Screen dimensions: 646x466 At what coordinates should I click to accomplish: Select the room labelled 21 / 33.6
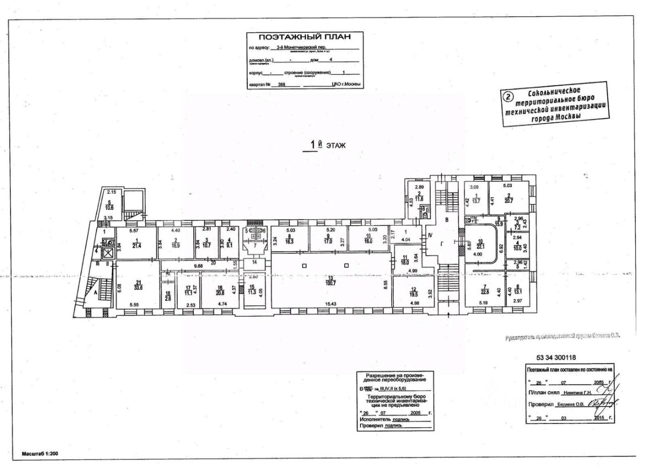point(136,285)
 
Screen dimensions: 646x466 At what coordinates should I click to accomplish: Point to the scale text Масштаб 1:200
point(40,453)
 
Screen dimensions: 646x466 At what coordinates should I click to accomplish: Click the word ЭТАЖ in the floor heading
point(335,145)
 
